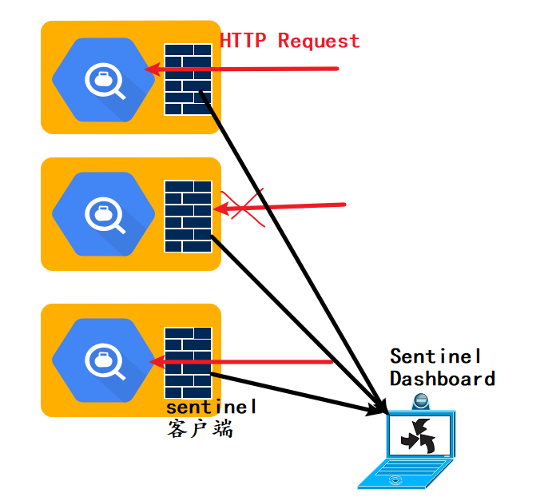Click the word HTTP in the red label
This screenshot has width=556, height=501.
(x=244, y=41)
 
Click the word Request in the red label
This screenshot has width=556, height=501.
(x=319, y=41)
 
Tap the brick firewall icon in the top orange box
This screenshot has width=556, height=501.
(x=189, y=79)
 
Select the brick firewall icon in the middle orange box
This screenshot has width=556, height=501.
(x=189, y=217)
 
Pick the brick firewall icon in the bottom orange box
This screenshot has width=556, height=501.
(x=189, y=363)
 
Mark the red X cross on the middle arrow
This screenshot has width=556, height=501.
(x=241, y=208)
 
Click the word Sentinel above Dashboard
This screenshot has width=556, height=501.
(x=435, y=356)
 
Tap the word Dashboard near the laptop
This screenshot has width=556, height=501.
(x=442, y=378)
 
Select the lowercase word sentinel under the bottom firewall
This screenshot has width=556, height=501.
(x=211, y=408)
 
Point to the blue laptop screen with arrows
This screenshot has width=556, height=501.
(x=420, y=436)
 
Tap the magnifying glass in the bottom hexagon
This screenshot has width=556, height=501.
(x=107, y=360)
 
